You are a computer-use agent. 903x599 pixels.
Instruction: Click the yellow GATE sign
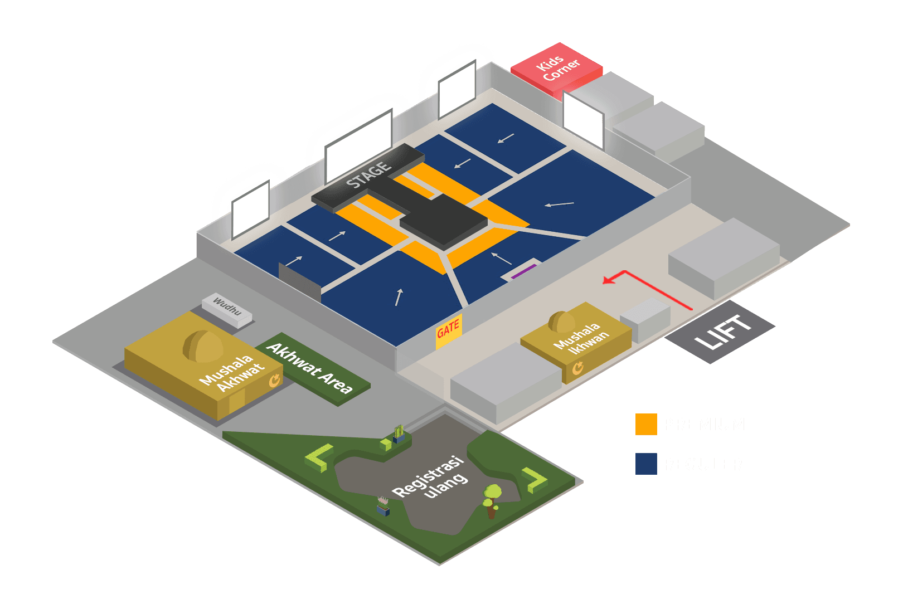[x=448, y=330]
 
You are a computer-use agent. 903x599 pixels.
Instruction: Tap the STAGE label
[x=368, y=174]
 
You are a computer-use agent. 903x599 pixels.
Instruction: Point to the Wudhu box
[x=227, y=308]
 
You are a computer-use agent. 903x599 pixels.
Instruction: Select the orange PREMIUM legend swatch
[x=646, y=424]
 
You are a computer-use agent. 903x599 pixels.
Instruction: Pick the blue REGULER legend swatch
[x=646, y=464]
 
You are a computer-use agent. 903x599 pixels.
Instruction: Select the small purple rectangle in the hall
[x=523, y=271]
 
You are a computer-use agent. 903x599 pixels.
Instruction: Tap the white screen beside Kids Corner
[x=583, y=119]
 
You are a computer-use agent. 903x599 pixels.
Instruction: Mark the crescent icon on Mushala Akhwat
[x=274, y=381]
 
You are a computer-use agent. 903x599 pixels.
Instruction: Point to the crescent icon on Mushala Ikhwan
[x=578, y=368]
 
